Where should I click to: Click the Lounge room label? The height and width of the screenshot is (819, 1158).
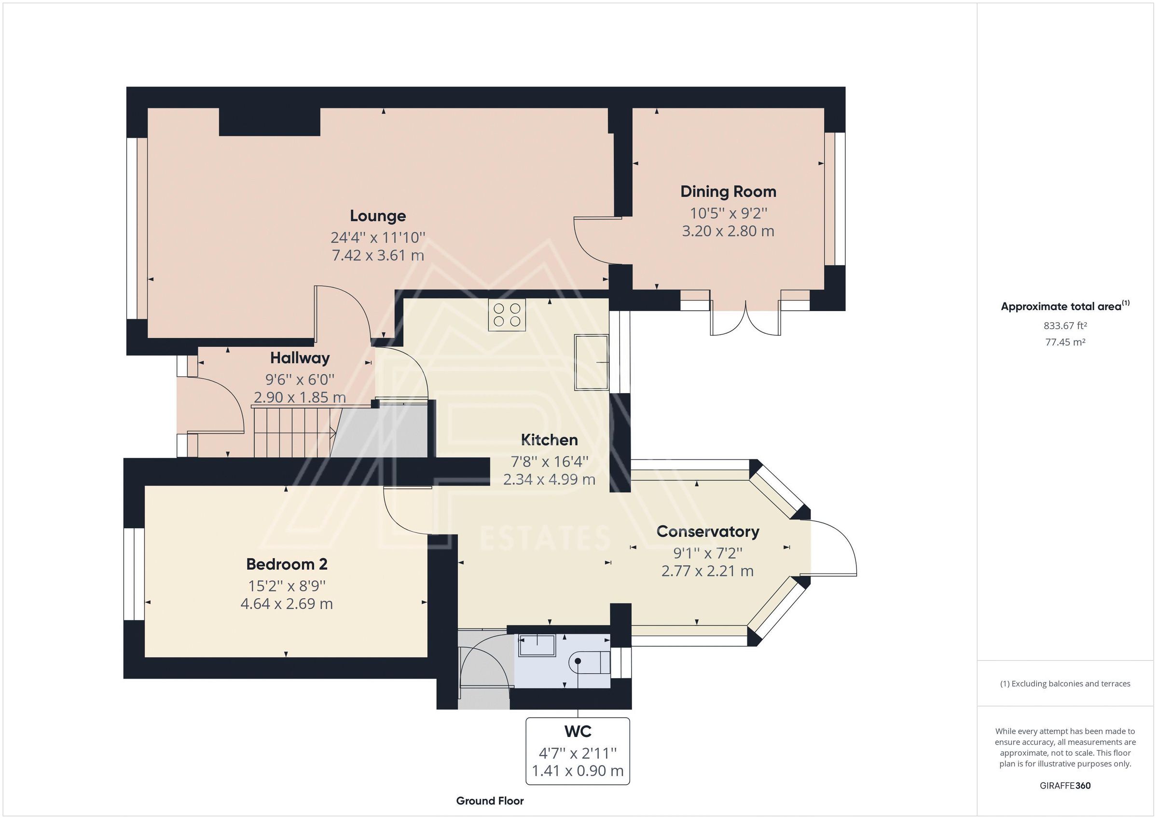click(378, 216)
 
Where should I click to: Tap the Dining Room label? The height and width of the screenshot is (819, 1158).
click(728, 191)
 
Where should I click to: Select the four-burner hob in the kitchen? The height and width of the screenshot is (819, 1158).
click(506, 314)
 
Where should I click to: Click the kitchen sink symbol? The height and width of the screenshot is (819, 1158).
click(591, 362)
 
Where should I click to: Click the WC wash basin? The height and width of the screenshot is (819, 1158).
click(537, 645)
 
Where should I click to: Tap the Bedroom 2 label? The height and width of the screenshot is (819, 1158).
click(287, 564)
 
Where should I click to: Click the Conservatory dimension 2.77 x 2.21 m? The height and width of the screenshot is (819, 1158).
click(707, 571)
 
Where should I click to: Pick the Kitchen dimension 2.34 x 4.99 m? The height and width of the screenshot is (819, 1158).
click(549, 479)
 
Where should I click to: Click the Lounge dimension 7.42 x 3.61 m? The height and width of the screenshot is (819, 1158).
click(378, 255)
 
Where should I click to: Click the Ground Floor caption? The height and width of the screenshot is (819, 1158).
click(489, 801)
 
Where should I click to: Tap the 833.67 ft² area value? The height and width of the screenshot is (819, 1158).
click(1065, 326)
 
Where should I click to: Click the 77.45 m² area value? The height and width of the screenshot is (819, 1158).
click(1065, 342)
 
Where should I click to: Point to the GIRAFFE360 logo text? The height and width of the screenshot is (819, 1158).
click(1065, 785)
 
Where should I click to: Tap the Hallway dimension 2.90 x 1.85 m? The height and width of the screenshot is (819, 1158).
click(300, 397)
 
